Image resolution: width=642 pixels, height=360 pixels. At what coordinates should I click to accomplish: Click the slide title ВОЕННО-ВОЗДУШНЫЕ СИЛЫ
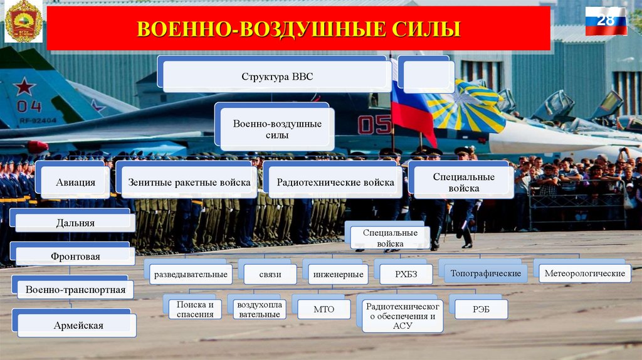coord(298,29)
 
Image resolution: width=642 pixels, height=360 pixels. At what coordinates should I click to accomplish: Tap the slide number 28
coord(606,21)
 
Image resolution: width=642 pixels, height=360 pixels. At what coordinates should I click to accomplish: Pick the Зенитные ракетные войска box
coord(189,183)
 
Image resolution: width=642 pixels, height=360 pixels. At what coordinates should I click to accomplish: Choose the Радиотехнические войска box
coord(336,183)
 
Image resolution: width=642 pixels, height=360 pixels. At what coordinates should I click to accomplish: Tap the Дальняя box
coord(75,223)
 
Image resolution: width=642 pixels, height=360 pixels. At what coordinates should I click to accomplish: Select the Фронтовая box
coord(75,256)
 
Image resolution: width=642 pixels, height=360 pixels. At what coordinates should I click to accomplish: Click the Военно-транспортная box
coord(75,289)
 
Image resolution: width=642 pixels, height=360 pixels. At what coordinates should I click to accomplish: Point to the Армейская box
coord(78,326)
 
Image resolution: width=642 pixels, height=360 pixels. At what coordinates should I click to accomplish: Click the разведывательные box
coord(190,274)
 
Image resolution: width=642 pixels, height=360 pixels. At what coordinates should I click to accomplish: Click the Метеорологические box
coord(584,273)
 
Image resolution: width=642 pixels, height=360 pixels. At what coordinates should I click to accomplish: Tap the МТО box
coord(324,309)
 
